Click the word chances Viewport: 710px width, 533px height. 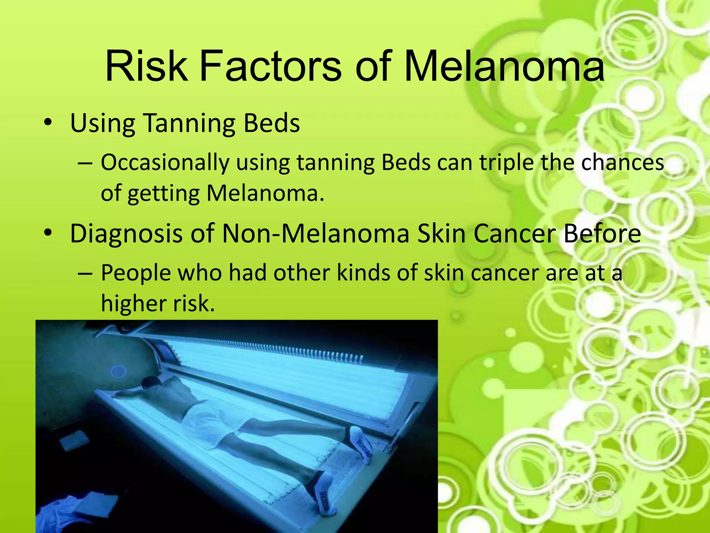[x=622, y=163]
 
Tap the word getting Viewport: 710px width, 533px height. [x=164, y=194]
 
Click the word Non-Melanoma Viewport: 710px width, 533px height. [x=315, y=234]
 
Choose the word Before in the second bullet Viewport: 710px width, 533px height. [x=602, y=234]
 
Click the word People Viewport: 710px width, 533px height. [x=136, y=273]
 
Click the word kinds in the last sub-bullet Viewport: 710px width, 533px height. [x=364, y=273]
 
